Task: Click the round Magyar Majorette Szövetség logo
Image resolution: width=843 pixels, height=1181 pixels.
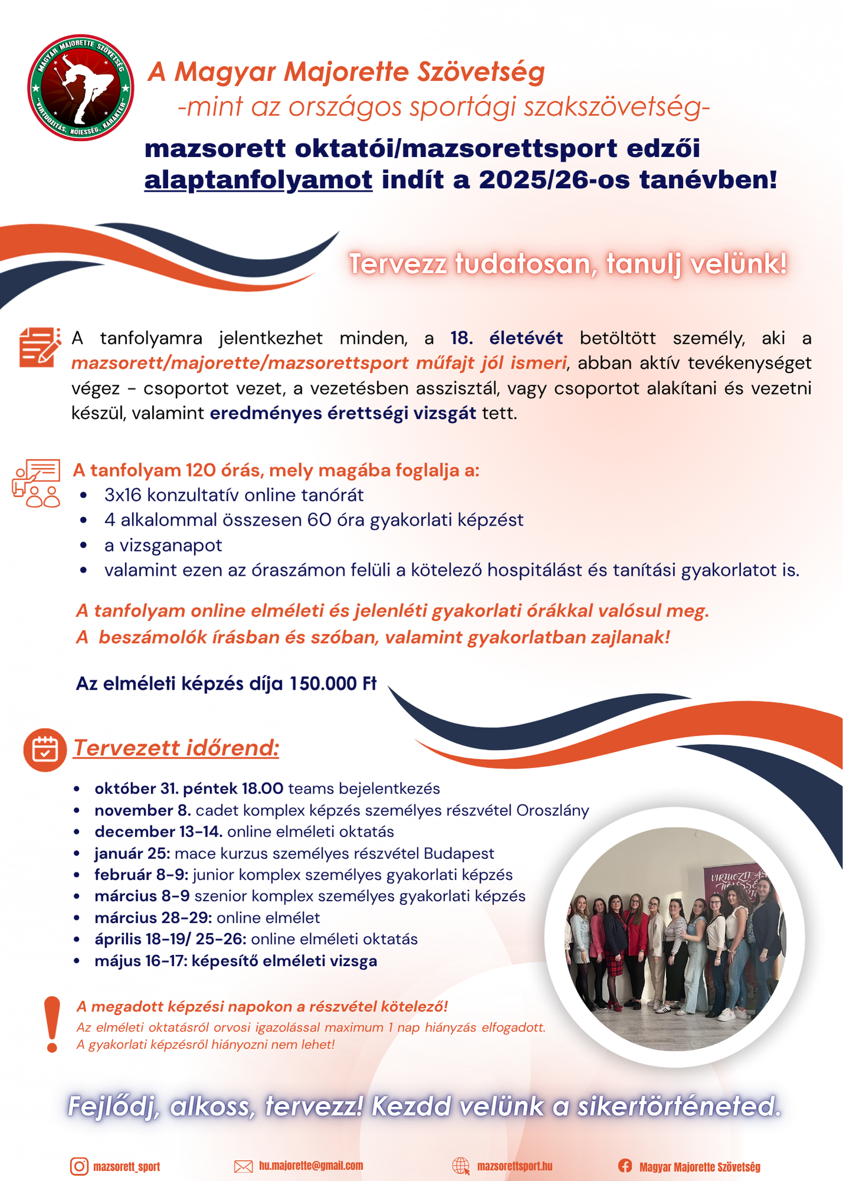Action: pos(81,87)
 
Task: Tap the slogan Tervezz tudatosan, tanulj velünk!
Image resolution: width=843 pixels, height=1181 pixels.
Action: pos(567,263)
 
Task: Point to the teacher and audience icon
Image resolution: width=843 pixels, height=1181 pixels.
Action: pos(37,483)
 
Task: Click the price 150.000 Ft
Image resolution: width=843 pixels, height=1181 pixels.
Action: pos(332,683)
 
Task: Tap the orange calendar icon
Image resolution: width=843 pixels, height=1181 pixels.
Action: pos(45,749)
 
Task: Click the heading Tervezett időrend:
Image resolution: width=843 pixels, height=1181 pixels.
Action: pos(176,748)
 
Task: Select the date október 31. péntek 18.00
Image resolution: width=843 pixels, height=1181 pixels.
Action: pos(189,788)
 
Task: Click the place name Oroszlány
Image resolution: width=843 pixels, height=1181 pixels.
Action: pos(553,810)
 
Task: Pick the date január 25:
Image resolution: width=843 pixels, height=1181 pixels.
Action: pos(132,853)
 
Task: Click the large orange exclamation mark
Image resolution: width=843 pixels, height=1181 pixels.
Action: pos(52,1024)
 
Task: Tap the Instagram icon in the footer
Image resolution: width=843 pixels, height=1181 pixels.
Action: pos(79,1166)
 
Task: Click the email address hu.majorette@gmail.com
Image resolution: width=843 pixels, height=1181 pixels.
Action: pos(311,1166)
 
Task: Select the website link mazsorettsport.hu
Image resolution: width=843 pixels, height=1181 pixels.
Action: pos(515,1166)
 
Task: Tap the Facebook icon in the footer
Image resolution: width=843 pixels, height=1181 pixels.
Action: pos(625,1166)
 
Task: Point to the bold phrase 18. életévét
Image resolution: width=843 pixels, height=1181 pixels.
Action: pos(507,338)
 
